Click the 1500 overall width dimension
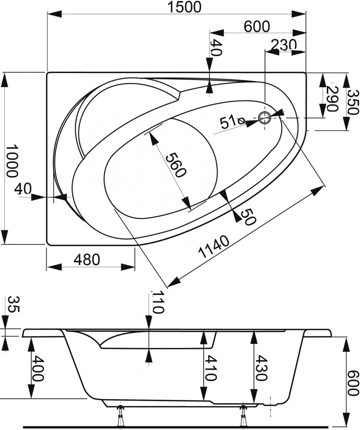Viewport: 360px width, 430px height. point(184,7)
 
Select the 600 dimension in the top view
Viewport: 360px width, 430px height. point(257,27)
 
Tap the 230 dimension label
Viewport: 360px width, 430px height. point(284,45)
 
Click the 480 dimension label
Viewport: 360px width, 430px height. point(87,260)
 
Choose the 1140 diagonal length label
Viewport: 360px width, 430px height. point(214,247)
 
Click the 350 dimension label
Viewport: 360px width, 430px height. point(352,102)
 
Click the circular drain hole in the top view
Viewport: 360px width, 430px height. point(265,118)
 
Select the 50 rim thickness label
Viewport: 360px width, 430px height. point(248,217)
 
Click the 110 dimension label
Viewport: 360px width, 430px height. point(158,303)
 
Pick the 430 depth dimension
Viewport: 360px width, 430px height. point(261,368)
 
